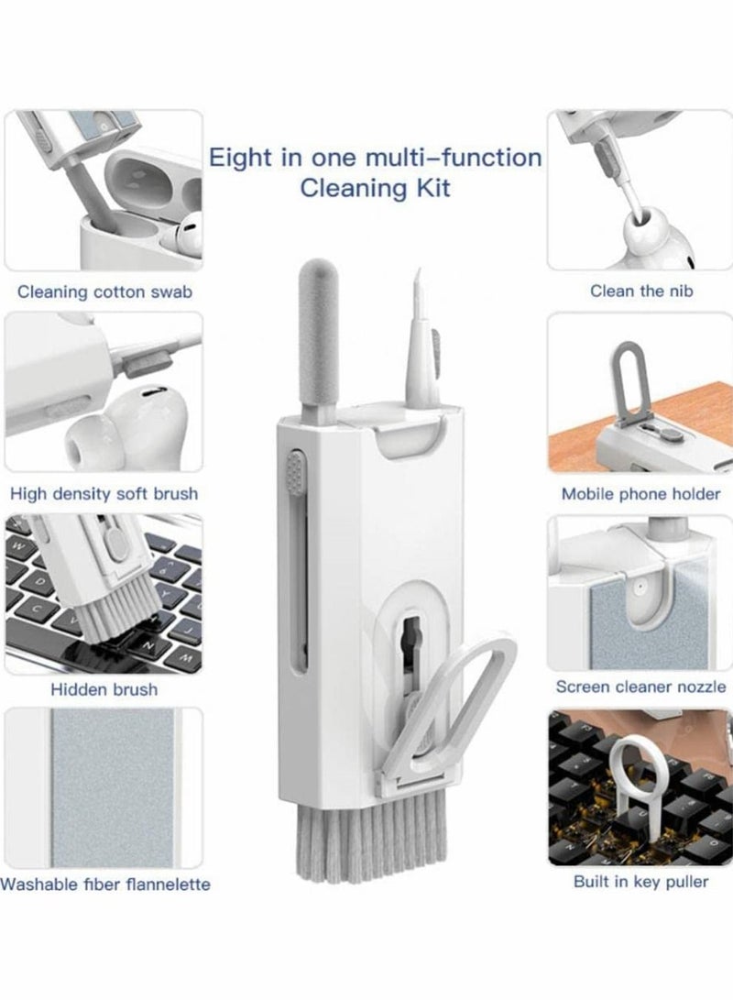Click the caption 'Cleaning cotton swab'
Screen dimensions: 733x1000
tap(104, 292)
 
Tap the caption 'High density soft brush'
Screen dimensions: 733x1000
tap(104, 494)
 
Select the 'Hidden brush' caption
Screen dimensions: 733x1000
tap(104, 689)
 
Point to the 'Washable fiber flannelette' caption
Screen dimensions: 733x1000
tap(105, 885)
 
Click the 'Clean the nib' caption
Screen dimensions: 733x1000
tap(641, 291)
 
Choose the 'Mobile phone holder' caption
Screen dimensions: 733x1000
tap(640, 494)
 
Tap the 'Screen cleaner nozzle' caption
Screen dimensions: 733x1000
tap(640, 687)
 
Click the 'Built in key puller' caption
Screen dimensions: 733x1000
tap(641, 882)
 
